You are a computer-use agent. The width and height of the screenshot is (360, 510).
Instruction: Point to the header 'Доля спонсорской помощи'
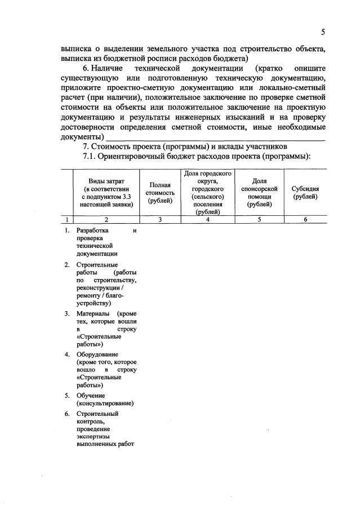259,192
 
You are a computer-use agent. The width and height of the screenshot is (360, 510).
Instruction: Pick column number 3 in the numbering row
160,220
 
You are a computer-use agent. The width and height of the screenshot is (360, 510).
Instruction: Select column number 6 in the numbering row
305,220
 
